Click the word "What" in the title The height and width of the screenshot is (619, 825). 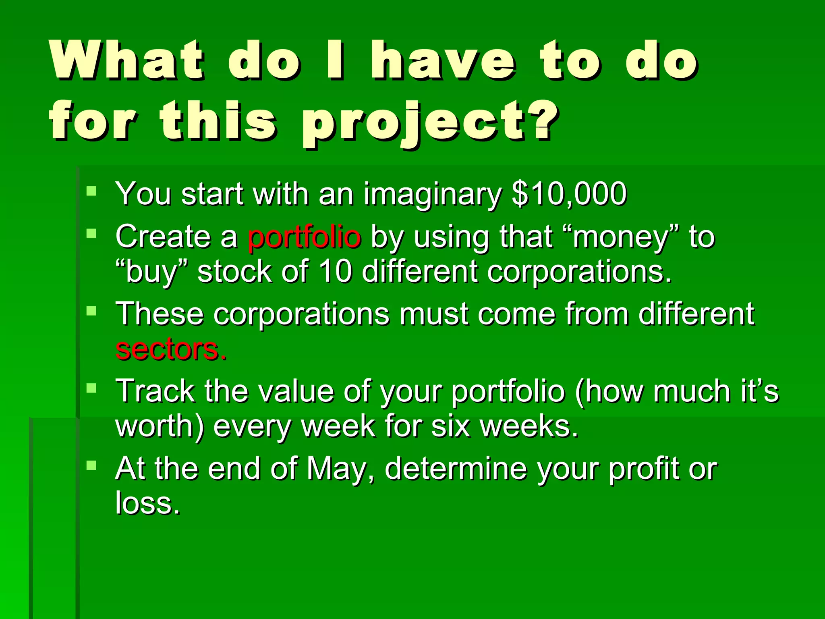coord(127,60)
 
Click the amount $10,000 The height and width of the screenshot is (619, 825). coord(569,194)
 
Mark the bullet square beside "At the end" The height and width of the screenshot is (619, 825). coord(91,466)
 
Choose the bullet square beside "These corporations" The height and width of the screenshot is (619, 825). coord(91,311)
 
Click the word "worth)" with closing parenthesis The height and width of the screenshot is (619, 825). coord(160,427)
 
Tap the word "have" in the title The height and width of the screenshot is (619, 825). coord(443,60)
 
